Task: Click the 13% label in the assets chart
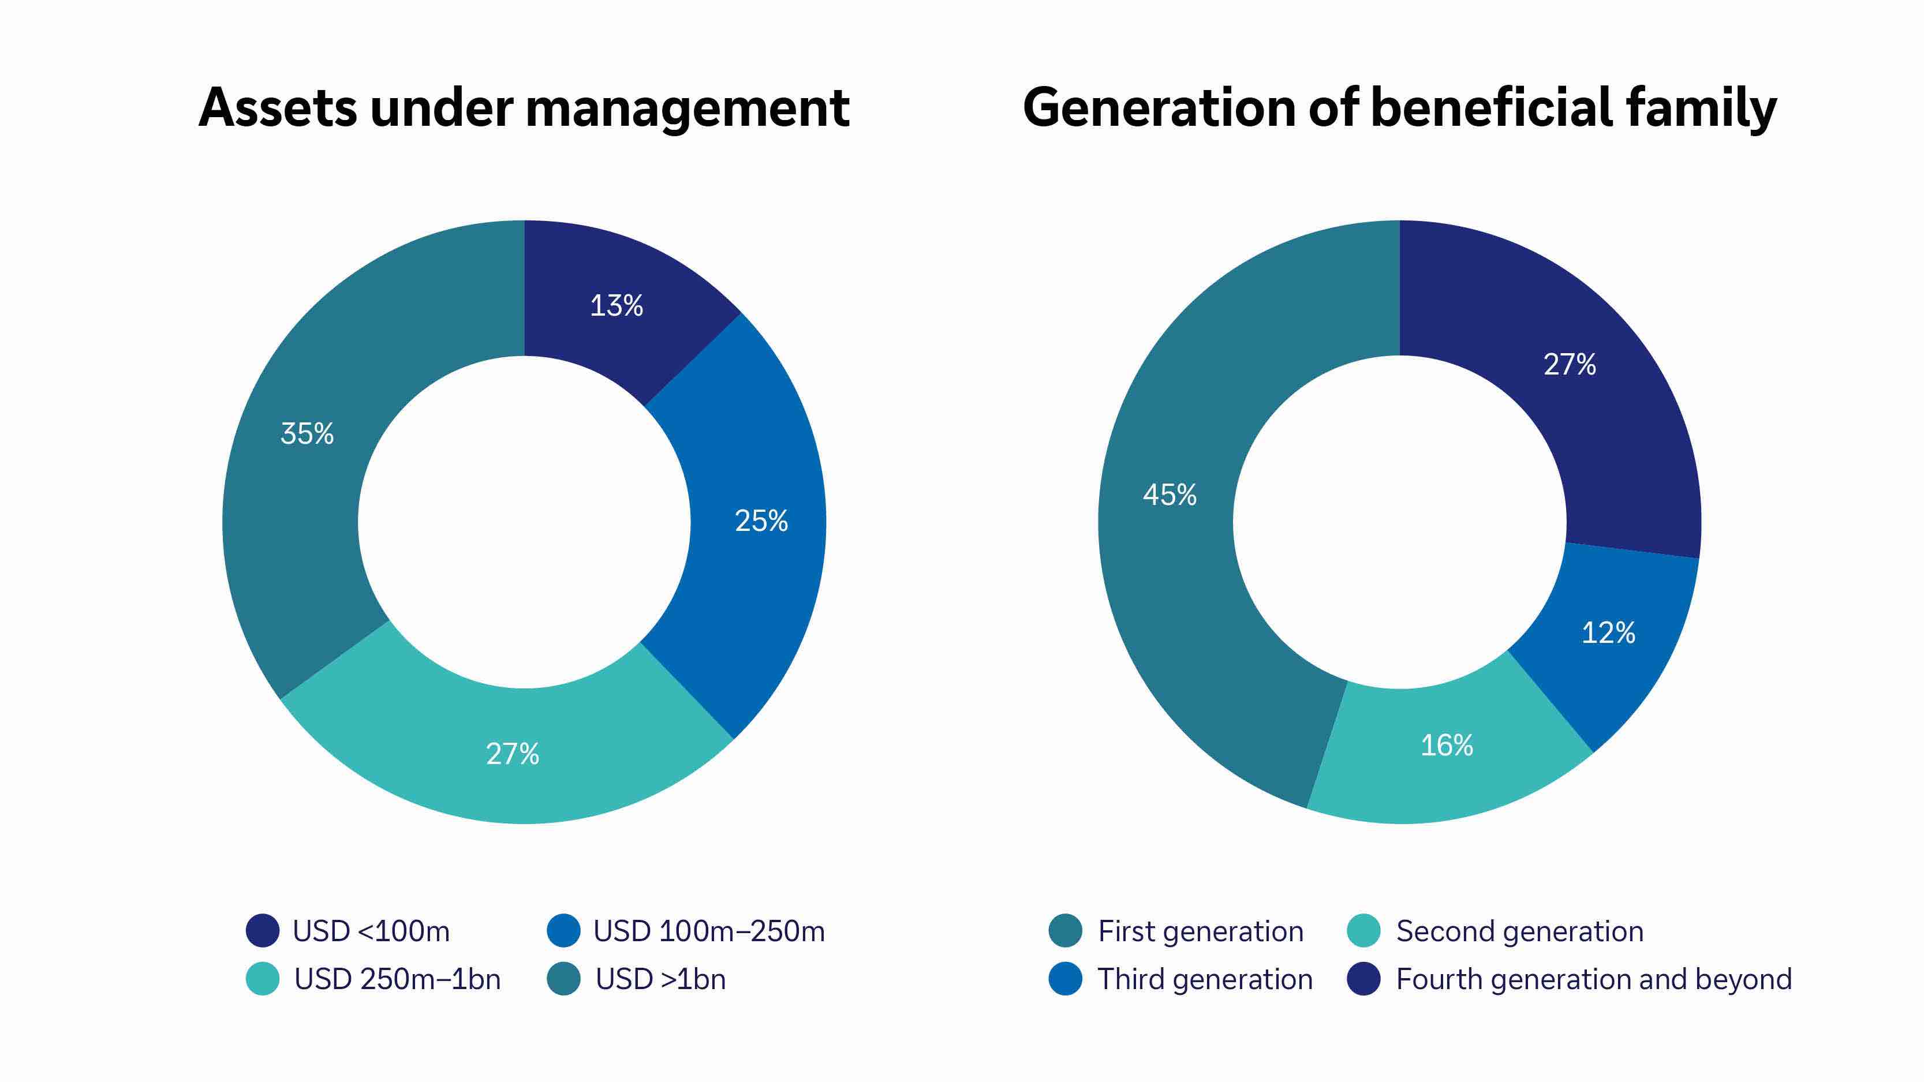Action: click(x=616, y=305)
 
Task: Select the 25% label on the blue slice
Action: click(x=761, y=521)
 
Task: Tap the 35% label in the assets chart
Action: click(x=307, y=433)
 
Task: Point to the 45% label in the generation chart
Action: click(x=1170, y=495)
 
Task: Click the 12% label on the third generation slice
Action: click(x=1608, y=632)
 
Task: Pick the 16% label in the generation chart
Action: click(x=1447, y=744)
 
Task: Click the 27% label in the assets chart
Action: click(x=513, y=754)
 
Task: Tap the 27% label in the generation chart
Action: click(x=1569, y=364)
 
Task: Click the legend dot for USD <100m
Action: click(x=262, y=930)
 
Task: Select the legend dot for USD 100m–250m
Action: click(x=563, y=930)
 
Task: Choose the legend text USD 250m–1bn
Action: click(x=397, y=979)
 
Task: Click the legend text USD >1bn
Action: click(x=660, y=979)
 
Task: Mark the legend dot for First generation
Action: click(x=1065, y=930)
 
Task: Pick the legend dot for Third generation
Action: click(x=1065, y=979)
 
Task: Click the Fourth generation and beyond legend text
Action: click(x=1594, y=979)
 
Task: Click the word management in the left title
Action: click(x=687, y=109)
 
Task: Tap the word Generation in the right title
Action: click(x=1157, y=109)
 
